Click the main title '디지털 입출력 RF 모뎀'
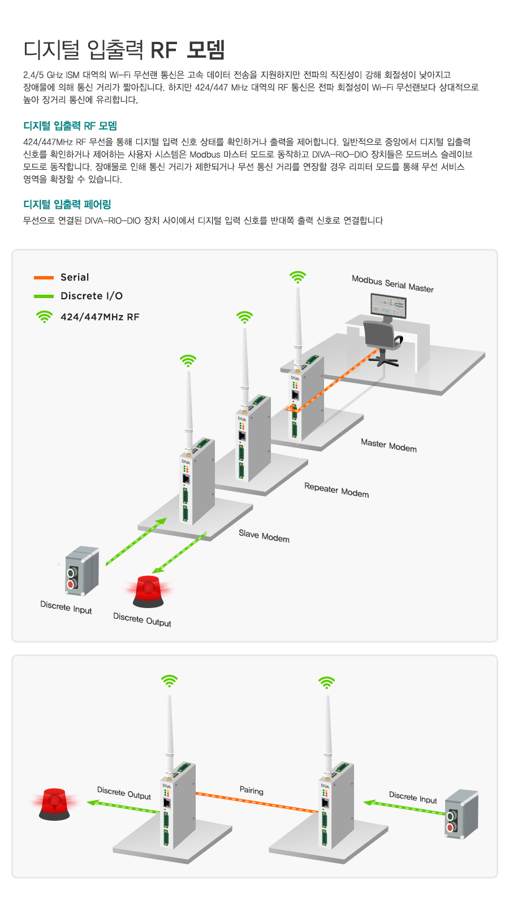click(124, 50)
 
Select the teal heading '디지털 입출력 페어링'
click(67, 204)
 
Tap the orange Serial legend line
click(44, 277)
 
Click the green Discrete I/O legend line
click(44, 296)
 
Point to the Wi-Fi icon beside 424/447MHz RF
click(44, 317)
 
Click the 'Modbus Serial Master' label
click(392, 283)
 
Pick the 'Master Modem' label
click(389, 446)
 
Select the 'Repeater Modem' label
click(337, 490)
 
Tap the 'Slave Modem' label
click(264, 536)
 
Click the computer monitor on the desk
click(389, 307)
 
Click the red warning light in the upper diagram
click(148, 591)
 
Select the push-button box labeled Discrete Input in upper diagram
click(82, 571)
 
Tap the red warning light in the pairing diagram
click(54, 803)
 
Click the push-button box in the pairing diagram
click(461, 814)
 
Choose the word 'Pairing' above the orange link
click(251, 790)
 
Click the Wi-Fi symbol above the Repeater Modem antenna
click(244, 317)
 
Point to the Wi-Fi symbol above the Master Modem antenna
click(297, 277)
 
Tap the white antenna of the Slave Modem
click(189, 407)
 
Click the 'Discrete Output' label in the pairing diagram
click(124, 793)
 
